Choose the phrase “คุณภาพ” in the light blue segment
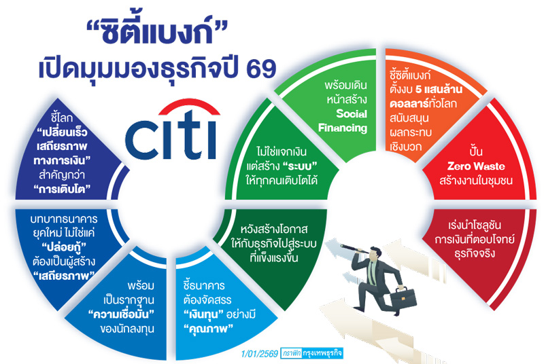coord(210,327)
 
